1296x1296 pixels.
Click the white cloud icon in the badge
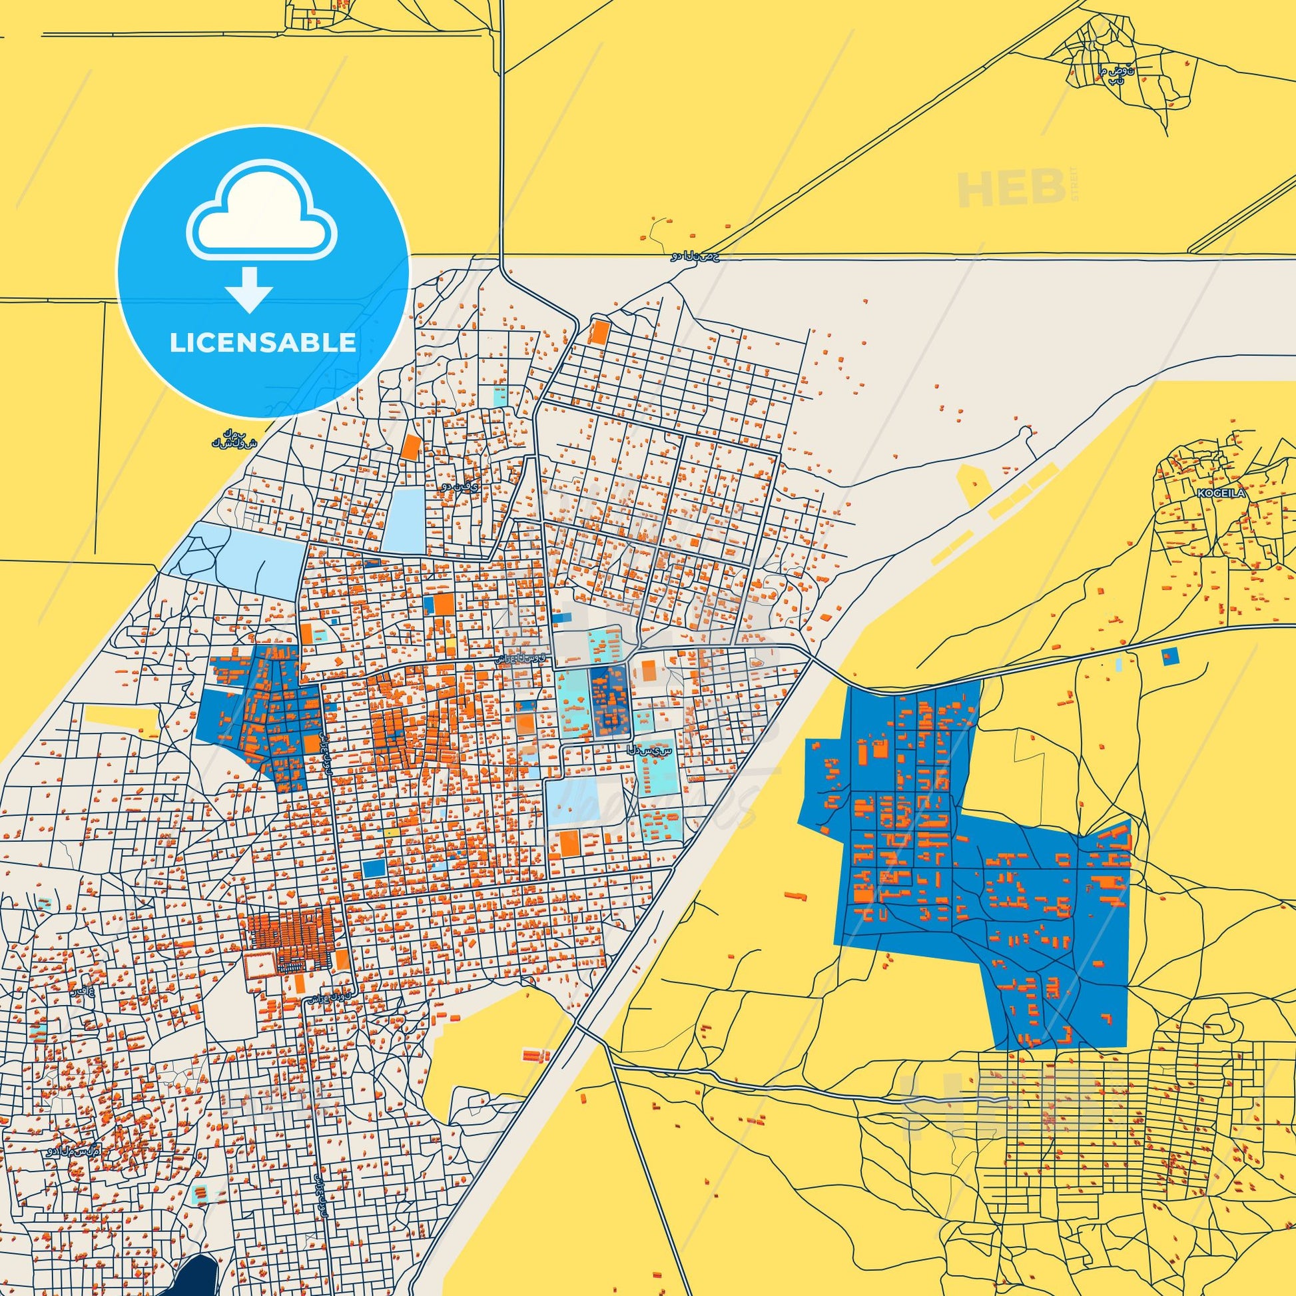262,214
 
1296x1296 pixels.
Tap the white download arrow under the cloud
249,288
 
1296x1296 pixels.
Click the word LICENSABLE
262,343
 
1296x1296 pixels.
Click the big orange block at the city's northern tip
596,332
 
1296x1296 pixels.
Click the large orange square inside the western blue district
312,744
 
